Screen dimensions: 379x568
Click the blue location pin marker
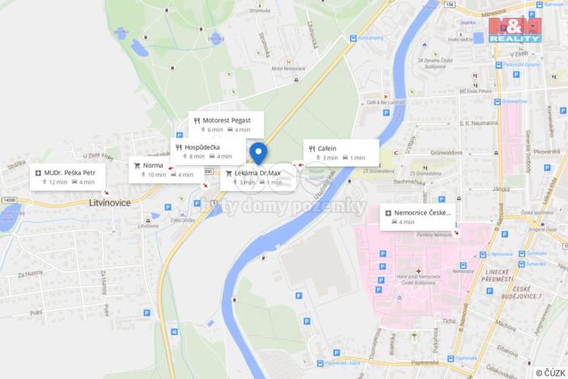(x=258, y=151)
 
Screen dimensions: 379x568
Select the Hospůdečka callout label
(x=203, y=151)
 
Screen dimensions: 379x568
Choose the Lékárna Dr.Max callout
(x=254, y=177)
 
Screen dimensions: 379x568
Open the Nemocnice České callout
(x=418, y=216)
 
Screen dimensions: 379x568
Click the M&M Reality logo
(x=515, y=29)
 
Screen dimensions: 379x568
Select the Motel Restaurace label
(x=288, y=68)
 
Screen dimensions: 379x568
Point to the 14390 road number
(x=10, y=199)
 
